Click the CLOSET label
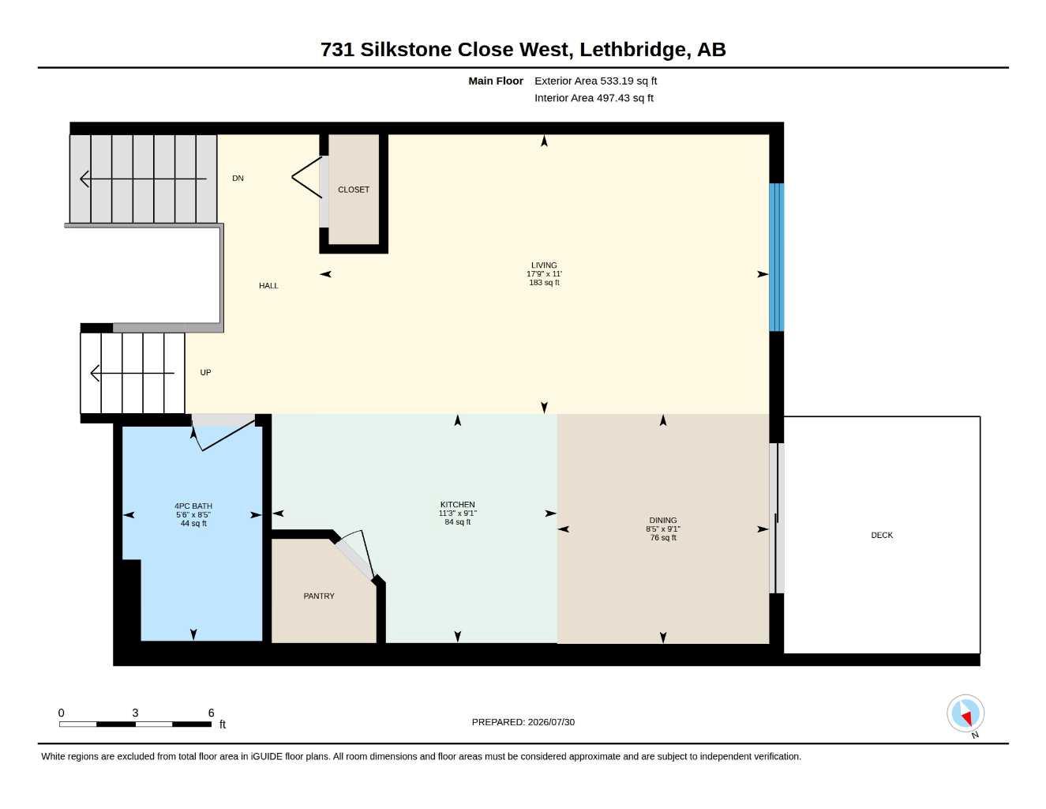coord(354,190)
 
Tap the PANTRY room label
coord(319,596)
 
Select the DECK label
coord(882,535)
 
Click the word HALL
coord(268,285)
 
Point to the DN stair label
coord(238,179)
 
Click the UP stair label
coord(205,372)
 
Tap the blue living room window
coord(777,257)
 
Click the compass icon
coord(965,713)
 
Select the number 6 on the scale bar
coord(211,713)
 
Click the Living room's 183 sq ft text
coord(544,283)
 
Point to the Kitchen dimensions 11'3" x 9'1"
coord(457,514)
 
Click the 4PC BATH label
coord(193,506)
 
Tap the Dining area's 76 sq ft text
coord(663,537)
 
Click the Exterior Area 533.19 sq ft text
coord(595,81)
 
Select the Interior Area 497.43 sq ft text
coord(594,98)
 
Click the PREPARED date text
coord(523,722)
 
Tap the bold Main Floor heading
coord(496,81)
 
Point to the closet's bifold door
coord(306,177)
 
